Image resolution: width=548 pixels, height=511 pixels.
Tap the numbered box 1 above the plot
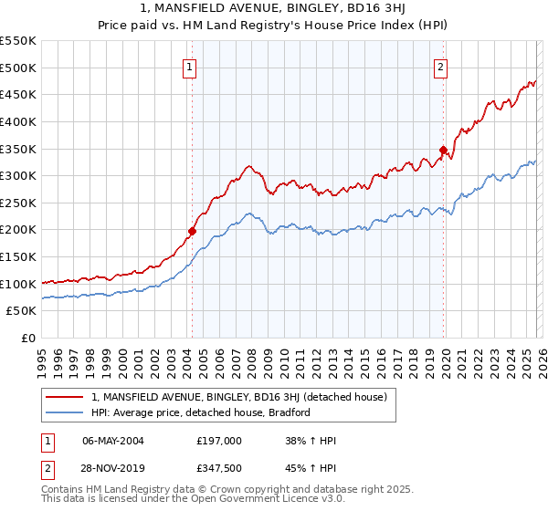coord(189,67)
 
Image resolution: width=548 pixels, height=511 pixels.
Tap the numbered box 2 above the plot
coord(440,67)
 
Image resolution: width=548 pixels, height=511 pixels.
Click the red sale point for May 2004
coord(192,231)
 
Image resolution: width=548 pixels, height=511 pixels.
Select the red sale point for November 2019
coord(443,150)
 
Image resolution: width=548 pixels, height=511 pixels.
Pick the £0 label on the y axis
coord(28,339)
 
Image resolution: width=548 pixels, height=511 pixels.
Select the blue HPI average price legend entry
coord(201,412)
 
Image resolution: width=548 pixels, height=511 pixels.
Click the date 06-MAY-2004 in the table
coord(112,441)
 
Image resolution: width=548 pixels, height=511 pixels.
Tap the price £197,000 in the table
coord(219,441)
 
